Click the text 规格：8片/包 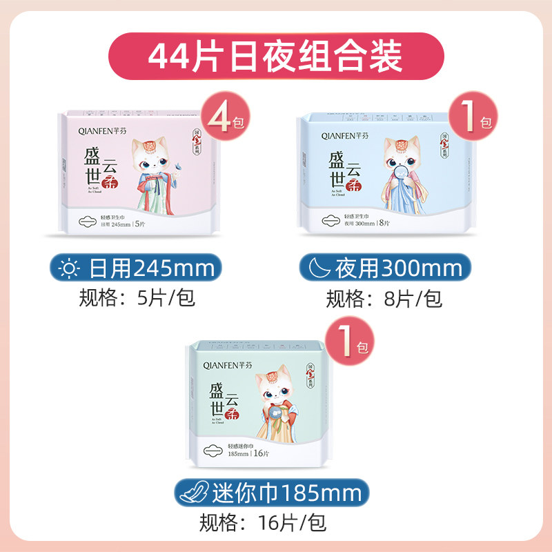click(384, 298)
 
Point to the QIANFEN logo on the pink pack click(103, 128)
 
